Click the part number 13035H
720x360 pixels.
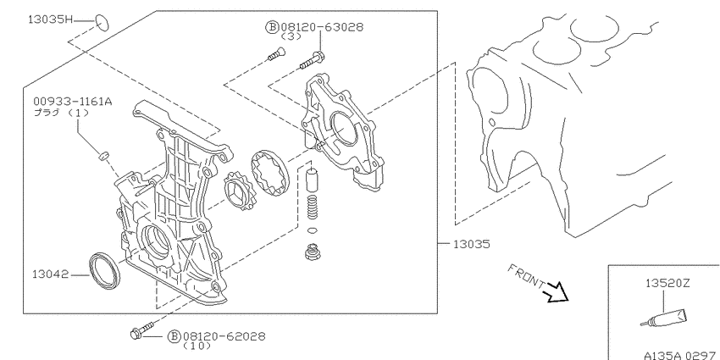tap(51, 19)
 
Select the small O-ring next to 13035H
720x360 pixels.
tap(102, 23)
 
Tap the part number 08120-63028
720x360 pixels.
tap(321, 27)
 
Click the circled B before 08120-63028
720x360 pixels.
tap(272, 28)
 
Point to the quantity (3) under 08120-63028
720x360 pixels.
tap(291, 36)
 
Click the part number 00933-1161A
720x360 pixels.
tap(72, 102)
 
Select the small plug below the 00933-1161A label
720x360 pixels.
tap(104, 156)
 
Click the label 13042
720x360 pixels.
tap(51, 274)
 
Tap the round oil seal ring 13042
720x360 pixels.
tap(106, 270)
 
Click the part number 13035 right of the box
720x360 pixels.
tap(471, 244)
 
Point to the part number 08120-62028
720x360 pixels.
tap(224, 336)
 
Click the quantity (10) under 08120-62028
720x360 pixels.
tap(197, 346)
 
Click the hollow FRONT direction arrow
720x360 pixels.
tap(557, 292)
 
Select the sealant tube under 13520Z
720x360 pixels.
tap(665, 318)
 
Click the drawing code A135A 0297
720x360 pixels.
tap(681, 356)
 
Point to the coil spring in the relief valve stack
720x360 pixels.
tap(313, 206)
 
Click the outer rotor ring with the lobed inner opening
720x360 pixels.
tap(269, 172)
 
